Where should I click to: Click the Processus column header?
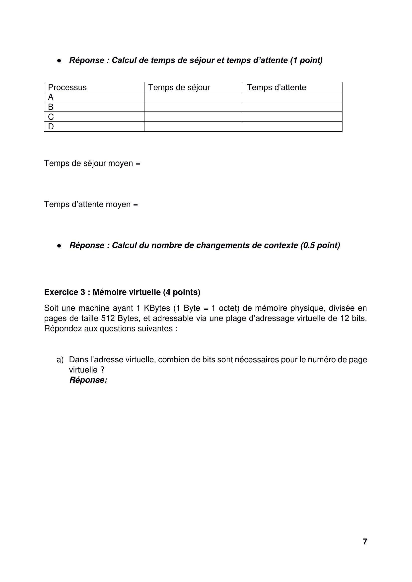coord(67,87)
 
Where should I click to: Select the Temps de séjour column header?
coord(179,87)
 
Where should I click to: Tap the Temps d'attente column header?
coord(276,87)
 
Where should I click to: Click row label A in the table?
coord(51,97)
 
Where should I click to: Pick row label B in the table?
coord(51,107)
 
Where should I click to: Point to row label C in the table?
coord(51,117)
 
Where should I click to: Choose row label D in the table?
coord(51,126)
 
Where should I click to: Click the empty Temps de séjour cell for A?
coord(193,97)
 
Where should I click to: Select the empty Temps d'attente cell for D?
coord(292,126)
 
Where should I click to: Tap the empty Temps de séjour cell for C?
coord(193,117)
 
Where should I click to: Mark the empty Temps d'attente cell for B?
coord(292,107)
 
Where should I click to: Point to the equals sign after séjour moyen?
coord(138,164)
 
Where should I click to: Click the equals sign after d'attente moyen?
coord(136,205)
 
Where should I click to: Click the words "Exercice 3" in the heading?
coord(65,292)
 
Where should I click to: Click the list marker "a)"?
coord(60,360)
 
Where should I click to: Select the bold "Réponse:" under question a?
coord(88,380)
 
